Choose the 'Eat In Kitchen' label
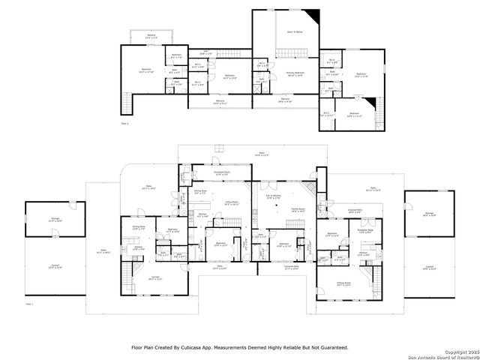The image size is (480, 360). [x=273, y=197]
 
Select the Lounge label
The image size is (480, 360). [x=155, y=278]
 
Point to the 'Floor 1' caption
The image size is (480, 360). [x=29, y=304]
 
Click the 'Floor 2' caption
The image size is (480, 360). [x=124, y=121]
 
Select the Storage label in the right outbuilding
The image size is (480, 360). [x=430, y=214]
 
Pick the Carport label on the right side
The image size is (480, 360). [x=429, y=268]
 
